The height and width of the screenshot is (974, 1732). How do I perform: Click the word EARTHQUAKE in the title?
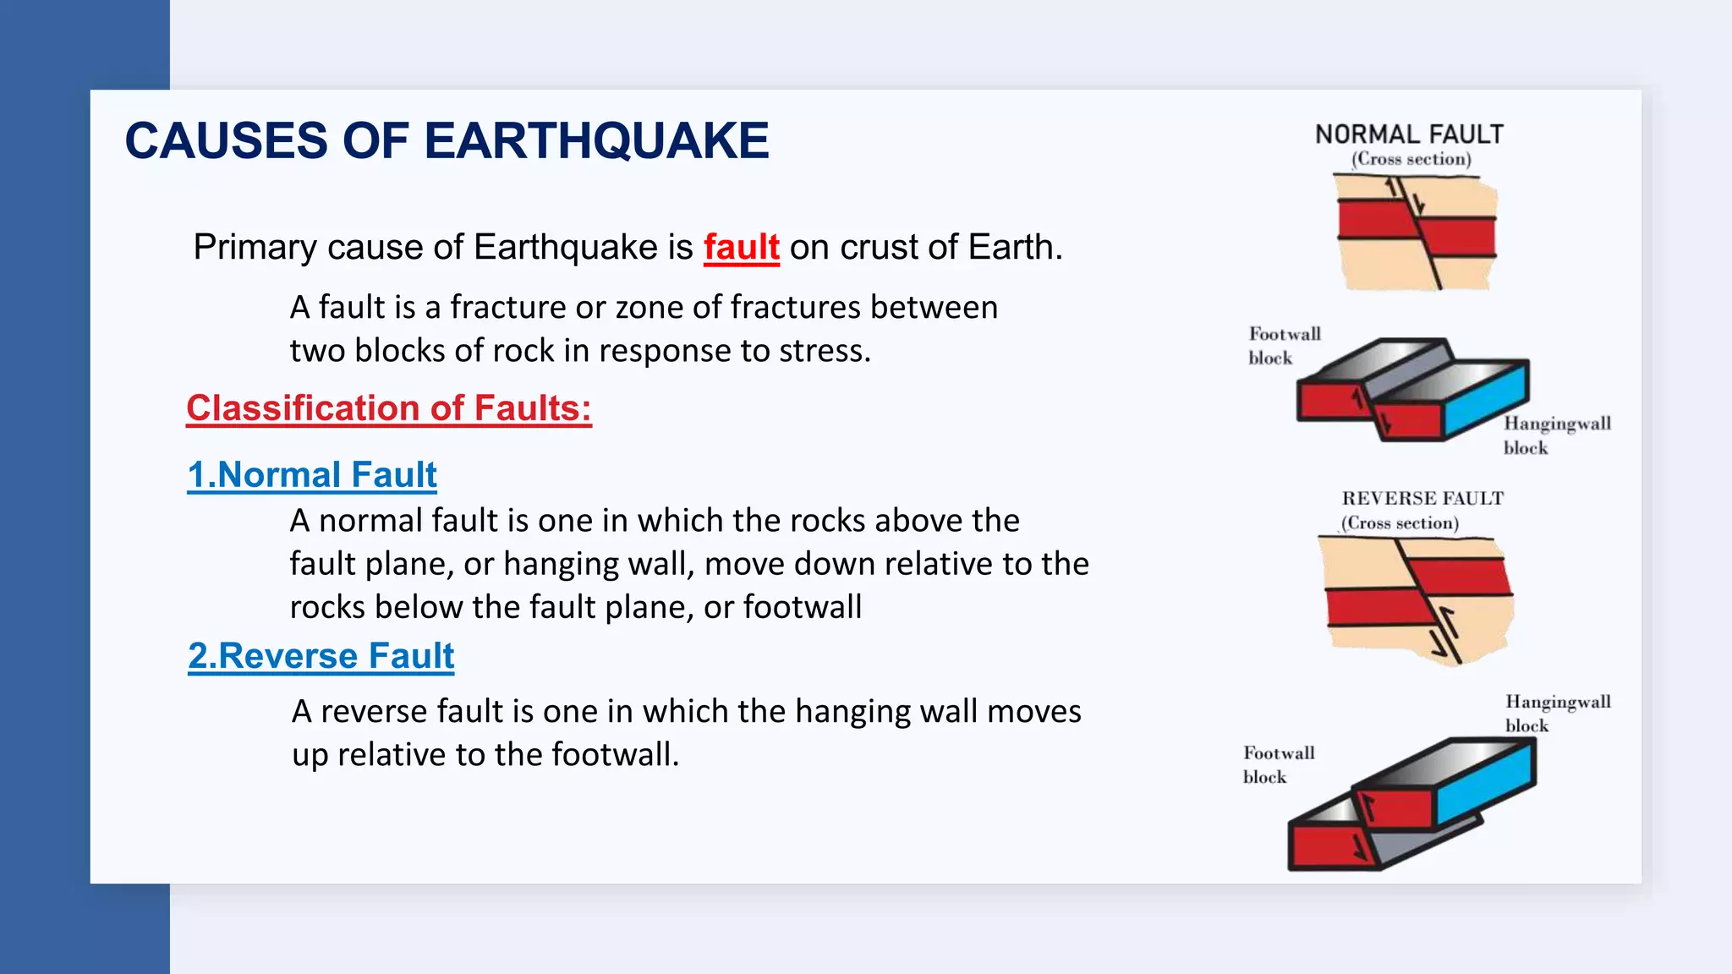pos(595,140)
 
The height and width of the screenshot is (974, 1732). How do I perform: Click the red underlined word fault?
pos(741,248)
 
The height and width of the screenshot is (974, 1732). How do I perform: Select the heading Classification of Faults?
pos(389,408)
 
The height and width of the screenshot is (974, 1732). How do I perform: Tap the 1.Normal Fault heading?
pos(312,475)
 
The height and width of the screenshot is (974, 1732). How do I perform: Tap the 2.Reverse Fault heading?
pos(321,656)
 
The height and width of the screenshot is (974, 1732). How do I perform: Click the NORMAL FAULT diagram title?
pos(1409,134)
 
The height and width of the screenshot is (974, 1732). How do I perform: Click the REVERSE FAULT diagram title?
pos(1422,499)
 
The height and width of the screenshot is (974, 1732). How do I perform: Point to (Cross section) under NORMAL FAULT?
pos(1411,159)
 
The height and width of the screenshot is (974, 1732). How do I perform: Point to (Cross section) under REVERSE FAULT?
pos(1400,523)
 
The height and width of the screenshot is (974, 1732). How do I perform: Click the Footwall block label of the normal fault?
pos(1283,346)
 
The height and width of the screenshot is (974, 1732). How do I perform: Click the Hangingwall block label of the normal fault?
pos(1556,435)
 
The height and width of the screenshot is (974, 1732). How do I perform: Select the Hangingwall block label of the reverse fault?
pos(1557,713)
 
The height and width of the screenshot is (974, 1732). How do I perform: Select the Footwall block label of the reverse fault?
pos(1278,764)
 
